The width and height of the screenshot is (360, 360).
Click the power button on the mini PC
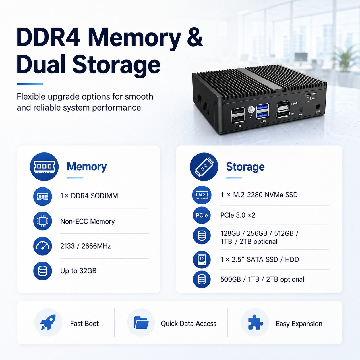coord(251,110)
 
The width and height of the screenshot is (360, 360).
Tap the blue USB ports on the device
coord(263,111)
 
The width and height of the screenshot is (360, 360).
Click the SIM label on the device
coord(313,98)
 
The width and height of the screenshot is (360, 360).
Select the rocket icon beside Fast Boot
coord(48,322)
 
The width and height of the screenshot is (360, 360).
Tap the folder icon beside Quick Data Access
coord(141,322)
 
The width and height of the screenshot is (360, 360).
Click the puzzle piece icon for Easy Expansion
coord(256,322)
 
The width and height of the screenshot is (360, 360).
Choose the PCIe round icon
coord(202,215)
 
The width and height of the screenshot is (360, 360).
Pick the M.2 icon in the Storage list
coord(202,195)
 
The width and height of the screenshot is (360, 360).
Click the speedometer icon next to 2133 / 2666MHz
coord(42,246)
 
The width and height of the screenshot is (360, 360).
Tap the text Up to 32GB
coord(78,271)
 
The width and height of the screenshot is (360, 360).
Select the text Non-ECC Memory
coord(88,222)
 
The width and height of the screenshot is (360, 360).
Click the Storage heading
coord(245,167)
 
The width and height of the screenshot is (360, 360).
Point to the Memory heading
coord(87,167)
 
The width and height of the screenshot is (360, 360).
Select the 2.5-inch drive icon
coord(202,260)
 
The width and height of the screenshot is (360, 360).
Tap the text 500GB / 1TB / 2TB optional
coord(262,280)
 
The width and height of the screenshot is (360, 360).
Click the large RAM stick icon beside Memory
coord(44,167)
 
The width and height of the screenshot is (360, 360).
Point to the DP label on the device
coord(292,114)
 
